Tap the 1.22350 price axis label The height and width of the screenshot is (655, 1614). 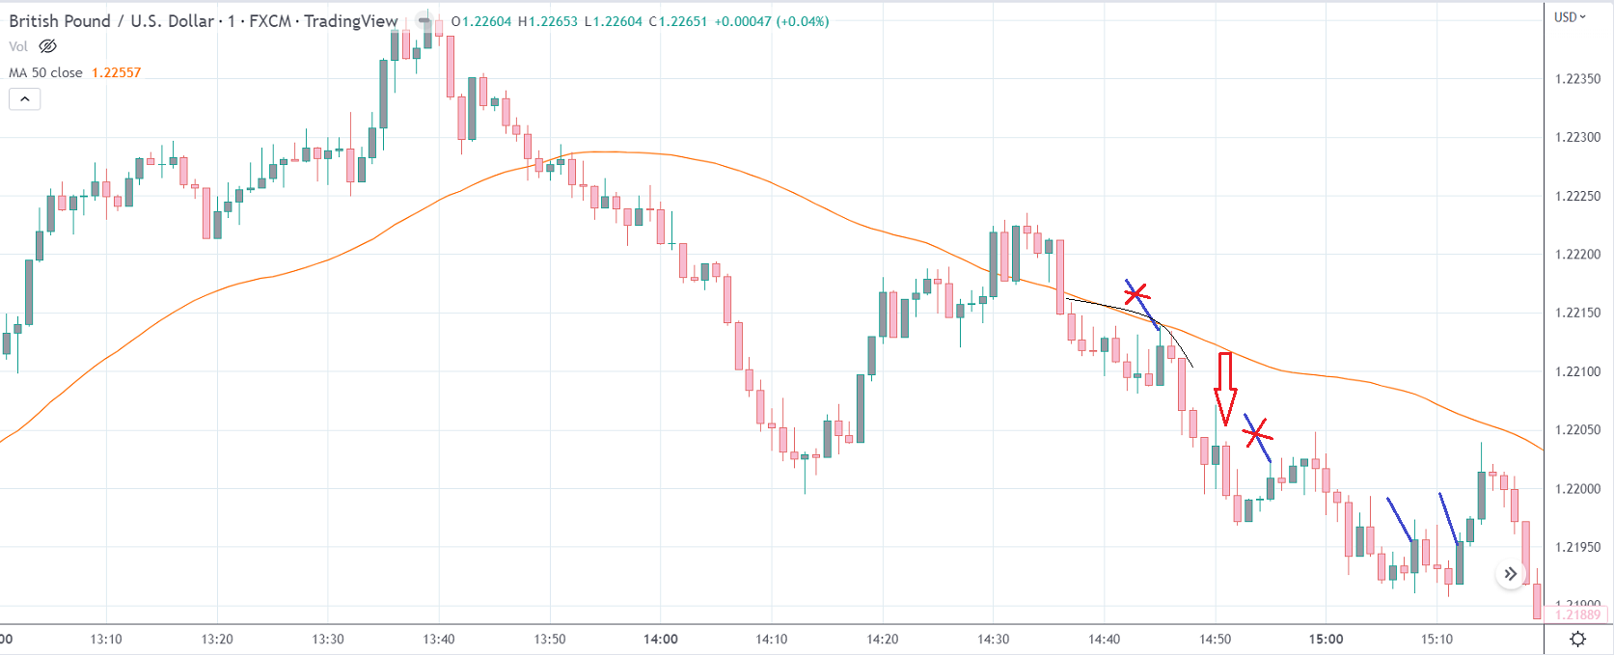[x=1577, y=79]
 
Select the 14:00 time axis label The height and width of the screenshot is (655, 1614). [x=661, y=639]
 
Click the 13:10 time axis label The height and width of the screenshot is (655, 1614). [x=106, y=639]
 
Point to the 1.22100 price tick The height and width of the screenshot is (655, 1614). [x=1577, y=371]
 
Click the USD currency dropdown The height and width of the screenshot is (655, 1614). [x=1570, y=17]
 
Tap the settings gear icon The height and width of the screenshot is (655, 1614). [x=1578, y=639]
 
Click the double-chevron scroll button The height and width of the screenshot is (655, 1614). [x=1510, y=574]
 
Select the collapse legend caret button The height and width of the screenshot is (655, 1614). [x=25, y=98]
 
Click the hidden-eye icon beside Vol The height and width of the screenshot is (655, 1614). [x=47, y=46]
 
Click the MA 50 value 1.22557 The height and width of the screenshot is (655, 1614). [x=116, y=72]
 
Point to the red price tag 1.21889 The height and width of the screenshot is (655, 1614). [x=1577, y=614]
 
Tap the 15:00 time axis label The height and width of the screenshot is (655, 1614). [x=1326, y=639]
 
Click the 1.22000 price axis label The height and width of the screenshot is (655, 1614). [x=1577, y=489]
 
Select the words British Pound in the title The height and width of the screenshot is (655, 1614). [x=60, y=21]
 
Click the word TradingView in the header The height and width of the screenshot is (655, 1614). [x=350, y=21]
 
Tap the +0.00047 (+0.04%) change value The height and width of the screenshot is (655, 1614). [x=771, y=21]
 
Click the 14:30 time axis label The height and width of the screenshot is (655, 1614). [x=993, y=639]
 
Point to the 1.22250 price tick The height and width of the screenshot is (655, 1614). [x=1577, y=196]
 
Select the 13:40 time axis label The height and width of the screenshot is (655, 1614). [x=439, y=639]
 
